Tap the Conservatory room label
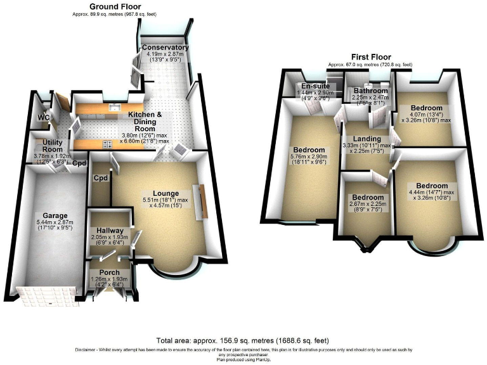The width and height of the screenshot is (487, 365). (x=165, y=48)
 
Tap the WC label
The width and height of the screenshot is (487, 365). (x=42, y=117)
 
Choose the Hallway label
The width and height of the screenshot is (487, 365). (x=110, y=231)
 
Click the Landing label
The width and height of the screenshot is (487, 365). (x=367, y=139)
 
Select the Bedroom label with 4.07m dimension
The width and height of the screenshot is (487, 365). (x=425, y=108)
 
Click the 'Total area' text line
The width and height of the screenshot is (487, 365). (x=243, y=341)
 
